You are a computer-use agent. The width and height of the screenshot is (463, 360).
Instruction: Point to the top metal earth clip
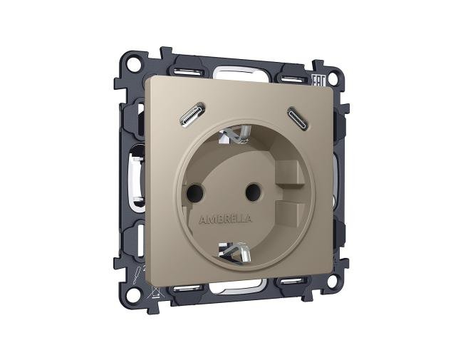point(239,133)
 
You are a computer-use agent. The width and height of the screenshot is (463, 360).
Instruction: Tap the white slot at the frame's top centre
point(239,71)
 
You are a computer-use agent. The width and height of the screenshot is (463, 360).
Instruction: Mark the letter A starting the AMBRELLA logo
point(203,219)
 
